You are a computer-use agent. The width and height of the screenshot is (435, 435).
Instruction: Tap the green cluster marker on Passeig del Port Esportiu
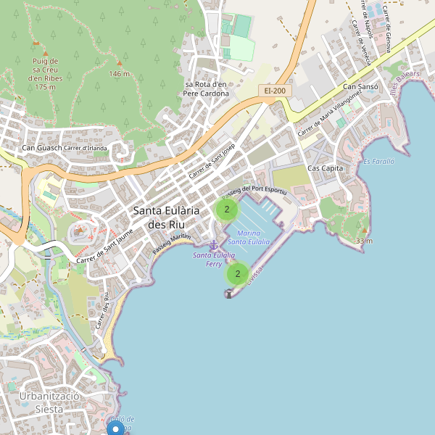(x=227, y=210)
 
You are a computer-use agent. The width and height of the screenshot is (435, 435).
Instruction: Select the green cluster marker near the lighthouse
(x=238, y=275)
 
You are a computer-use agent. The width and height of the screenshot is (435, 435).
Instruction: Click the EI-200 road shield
(x=275, y=91)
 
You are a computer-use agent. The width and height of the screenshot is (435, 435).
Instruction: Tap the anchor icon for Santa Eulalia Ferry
(x=213, y=244)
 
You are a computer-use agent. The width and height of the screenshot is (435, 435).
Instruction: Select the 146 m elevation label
(x=119, y=74)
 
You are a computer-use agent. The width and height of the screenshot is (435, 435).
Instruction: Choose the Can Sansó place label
(x=361, y=87)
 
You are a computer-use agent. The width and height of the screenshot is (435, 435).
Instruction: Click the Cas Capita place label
(x=325, y=168)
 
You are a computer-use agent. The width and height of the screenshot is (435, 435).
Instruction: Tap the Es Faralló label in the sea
(x=378, y=161)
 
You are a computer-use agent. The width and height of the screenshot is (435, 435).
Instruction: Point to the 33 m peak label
(x=364, y=241)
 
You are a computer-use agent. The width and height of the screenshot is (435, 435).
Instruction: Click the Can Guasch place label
(x=42, y=149)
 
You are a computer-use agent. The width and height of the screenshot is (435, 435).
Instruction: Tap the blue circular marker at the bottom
(x=115, y=429)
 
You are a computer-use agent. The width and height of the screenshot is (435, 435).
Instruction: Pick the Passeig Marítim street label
(x=172, y=244)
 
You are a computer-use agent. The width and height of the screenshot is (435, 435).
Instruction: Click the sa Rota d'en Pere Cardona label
(x=206, y=88)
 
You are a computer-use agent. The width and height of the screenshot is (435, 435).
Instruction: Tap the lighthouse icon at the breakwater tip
(x=229, y=294)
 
